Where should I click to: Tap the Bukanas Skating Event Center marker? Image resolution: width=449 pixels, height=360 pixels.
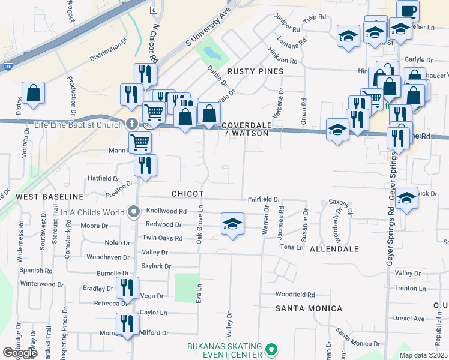point(271,349)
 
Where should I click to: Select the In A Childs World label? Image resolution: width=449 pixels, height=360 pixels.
point(92,211)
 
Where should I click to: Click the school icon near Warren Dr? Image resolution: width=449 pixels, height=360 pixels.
point(233,224)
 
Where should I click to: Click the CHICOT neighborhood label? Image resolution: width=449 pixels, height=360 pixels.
point(188,194)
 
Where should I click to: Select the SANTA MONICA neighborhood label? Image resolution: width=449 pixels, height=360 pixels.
point(309,308)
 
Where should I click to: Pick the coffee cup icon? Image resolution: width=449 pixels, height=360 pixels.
point(408,11)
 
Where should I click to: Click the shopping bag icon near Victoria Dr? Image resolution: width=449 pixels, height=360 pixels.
point(33,94)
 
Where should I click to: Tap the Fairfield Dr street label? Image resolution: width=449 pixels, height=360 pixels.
point(264,199)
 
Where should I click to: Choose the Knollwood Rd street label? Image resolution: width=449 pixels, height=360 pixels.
point(167,211)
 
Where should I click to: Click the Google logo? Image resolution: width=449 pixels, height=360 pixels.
point(20,353)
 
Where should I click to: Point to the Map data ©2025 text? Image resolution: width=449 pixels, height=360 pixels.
point(423,355)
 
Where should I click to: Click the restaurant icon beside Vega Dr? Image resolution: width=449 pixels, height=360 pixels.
point(127,288)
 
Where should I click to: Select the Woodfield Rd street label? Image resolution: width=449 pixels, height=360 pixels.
point(295,295)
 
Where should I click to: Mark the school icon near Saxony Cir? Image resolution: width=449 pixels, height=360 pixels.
point(407,199)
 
